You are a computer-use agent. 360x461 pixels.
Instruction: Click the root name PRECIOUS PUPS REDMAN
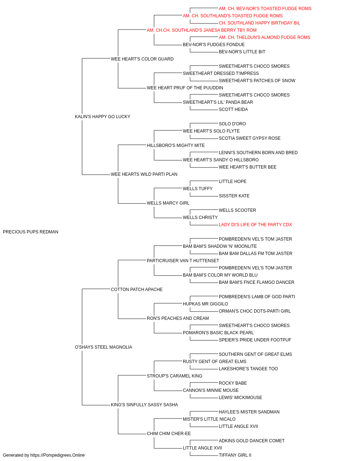(31, 232)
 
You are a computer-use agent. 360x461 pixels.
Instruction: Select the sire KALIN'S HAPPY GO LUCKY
(102, 116)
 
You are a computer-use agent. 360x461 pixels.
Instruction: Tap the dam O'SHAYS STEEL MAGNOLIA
(103, 347)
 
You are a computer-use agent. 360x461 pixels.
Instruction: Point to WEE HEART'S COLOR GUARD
(142, 59)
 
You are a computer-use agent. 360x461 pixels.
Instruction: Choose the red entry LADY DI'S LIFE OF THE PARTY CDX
(255, 225)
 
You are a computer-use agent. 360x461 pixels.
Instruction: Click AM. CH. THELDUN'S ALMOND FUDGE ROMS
(264, 37)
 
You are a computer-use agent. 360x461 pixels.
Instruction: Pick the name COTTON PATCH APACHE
(137, 289)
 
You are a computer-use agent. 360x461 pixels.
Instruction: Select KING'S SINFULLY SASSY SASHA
(144, 405)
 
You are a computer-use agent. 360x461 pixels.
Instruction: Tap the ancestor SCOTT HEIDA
(233, 109)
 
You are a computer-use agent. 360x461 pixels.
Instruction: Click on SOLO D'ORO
(232, 124)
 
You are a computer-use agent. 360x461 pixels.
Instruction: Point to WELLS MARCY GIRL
(168, 203)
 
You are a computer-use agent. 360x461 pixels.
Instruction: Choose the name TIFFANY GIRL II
(235, 455)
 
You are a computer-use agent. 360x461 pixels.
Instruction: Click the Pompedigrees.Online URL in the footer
(58, 455)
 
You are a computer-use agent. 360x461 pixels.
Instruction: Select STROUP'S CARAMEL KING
(175, 376)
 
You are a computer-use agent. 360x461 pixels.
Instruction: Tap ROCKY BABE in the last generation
(233, 383)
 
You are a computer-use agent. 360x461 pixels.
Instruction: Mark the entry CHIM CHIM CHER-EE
(169, 433)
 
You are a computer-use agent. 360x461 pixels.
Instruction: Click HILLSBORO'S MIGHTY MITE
(176, 145)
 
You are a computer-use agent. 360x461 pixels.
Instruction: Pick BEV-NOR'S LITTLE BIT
(242, 52)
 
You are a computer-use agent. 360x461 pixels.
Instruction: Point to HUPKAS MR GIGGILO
(206, 304)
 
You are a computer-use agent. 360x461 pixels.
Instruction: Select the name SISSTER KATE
(234, 196)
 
